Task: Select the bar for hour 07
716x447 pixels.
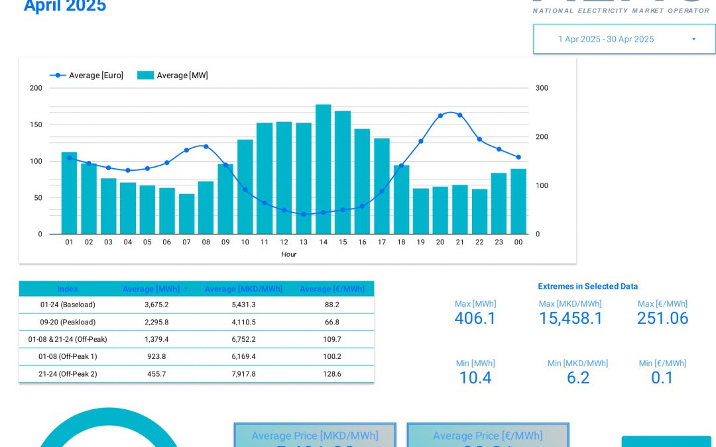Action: point(187,213)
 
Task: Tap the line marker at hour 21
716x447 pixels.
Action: point(459,115)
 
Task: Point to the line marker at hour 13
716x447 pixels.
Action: point(304,214)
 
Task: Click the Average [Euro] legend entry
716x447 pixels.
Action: point(87,75)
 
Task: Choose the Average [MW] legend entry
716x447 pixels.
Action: point(173,75)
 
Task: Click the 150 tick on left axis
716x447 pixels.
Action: point(36,124)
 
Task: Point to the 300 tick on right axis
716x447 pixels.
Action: point(542,88)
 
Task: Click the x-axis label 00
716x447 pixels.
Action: point(518,242)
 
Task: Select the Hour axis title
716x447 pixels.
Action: point(288,254)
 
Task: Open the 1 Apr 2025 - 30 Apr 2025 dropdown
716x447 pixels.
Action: point(624,39)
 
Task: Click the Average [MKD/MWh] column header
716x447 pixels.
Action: point(243,289)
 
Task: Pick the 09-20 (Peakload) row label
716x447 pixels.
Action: point(68,322)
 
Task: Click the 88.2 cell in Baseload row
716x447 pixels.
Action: point(332,305)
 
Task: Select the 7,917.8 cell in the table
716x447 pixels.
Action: point(243,373)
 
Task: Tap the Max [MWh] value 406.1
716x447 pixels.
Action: point(475,319)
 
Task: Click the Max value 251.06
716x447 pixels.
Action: point(662,319)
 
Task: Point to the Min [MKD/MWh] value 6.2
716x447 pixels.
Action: point(577,378)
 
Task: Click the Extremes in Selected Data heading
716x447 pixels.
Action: point(587,286)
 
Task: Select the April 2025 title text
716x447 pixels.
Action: point(65,6)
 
